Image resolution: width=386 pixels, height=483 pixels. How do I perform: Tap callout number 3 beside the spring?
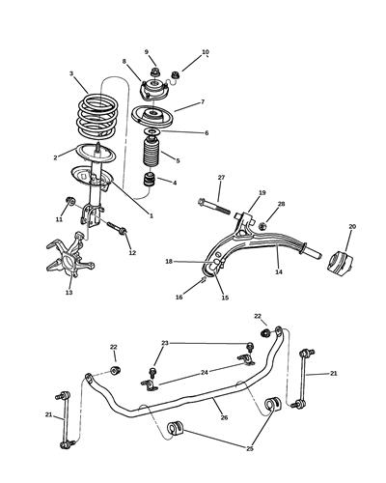click(71, 73)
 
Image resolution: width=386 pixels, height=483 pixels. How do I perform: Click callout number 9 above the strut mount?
click(147, 51)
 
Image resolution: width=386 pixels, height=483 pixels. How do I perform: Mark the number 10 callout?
click(205, 52)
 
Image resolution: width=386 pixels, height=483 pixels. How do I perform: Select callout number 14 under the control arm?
click(278, 273)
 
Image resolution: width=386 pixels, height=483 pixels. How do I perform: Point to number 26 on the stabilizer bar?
click(225, 418)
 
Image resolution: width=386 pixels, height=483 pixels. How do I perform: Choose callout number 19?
click(262, 193)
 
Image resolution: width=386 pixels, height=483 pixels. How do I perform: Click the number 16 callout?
click(179, 298)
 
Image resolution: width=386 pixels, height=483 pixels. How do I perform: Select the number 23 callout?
click(165, 343)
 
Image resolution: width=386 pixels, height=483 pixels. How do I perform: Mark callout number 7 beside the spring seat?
click(202, 102)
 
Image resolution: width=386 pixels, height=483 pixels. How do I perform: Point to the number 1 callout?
click(151, 215)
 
